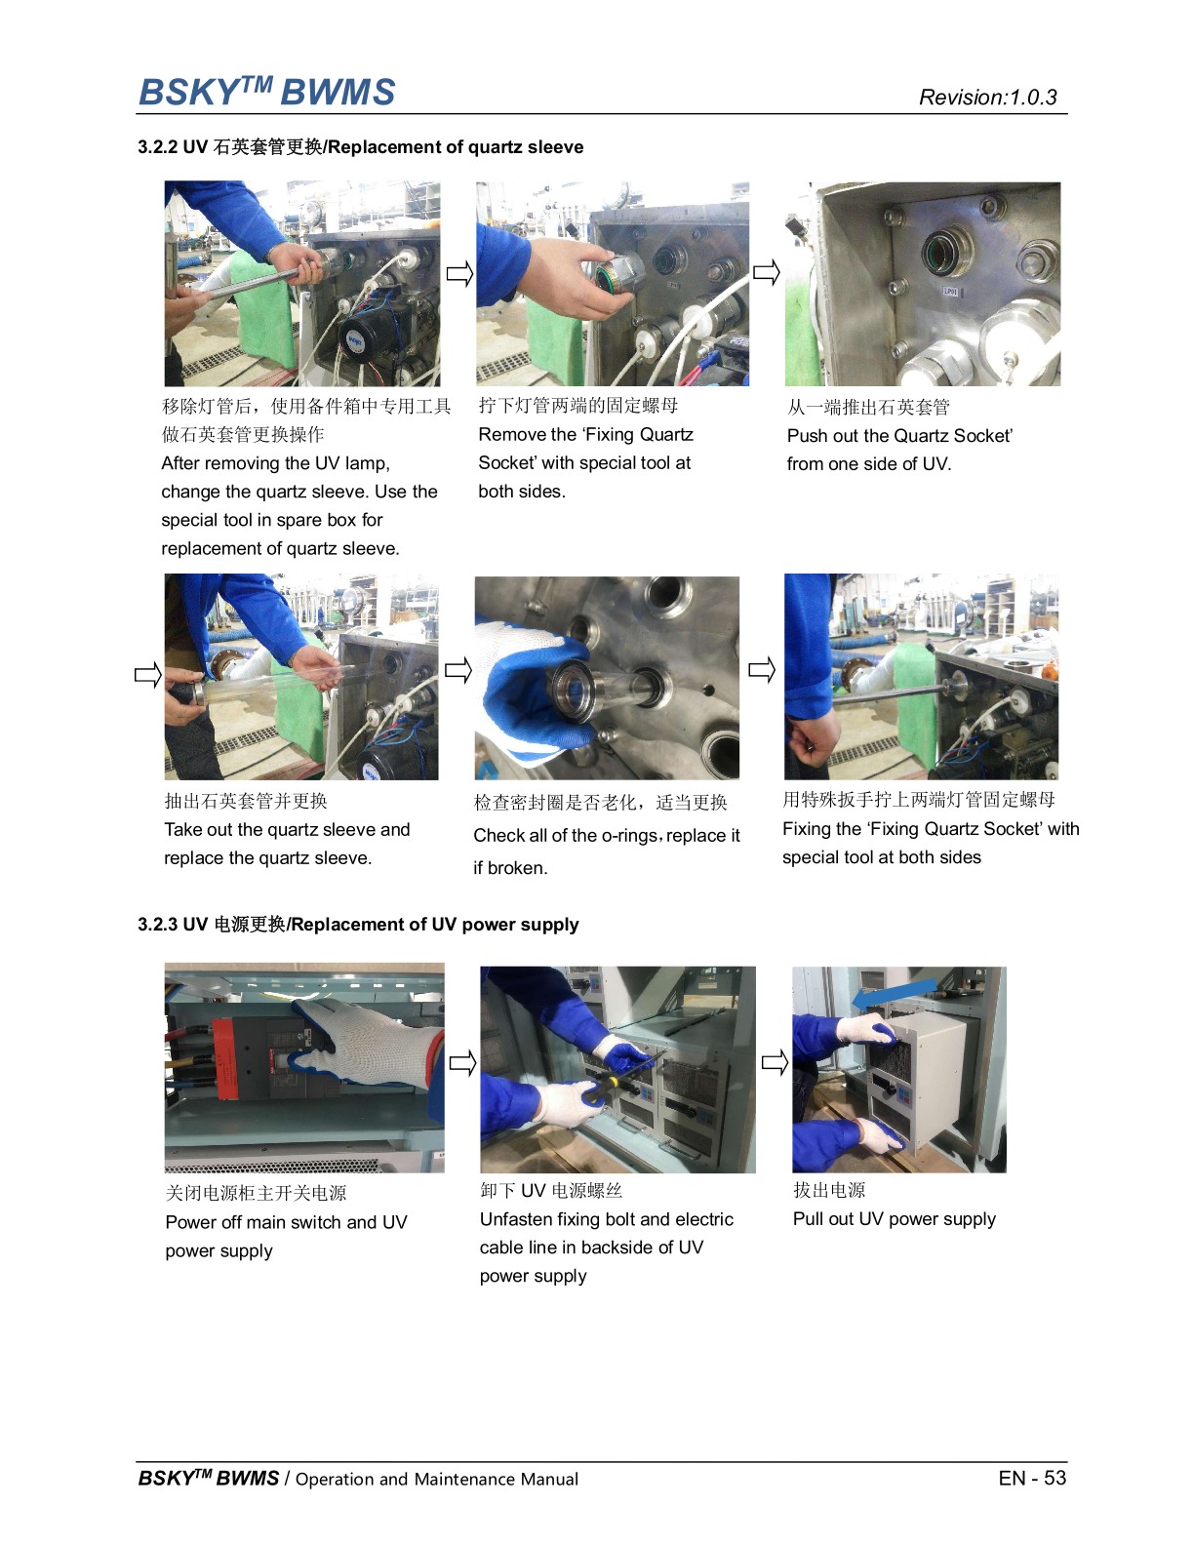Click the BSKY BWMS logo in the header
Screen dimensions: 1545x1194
(x=266, y=92)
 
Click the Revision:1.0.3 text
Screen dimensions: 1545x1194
(x=987, y=98)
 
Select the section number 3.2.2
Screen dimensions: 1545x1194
(x=157, y=147)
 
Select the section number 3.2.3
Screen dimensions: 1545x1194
(x=157, y=925)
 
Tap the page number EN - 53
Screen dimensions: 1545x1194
(x=1032, y=1478)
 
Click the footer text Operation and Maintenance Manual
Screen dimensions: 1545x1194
(x=436, y=1480)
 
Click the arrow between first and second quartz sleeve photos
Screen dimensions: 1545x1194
(x=459, y=274)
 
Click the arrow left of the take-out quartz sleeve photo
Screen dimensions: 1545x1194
(x=147, y=674)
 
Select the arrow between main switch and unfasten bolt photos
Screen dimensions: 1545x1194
(x=462, y=1062)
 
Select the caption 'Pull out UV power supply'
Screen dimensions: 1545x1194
(x=894, y=1219)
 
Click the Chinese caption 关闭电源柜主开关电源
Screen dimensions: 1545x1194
(x=256, y=1193)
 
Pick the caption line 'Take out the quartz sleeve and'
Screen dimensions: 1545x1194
(x=287, y=830)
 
